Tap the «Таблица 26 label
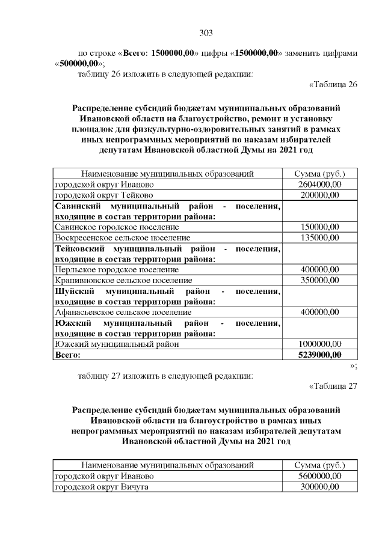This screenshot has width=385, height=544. [333, 84]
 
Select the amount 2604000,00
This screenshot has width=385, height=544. [320, 185]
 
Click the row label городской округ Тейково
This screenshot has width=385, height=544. [104, 195]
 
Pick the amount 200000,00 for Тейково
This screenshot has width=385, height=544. [320, 195]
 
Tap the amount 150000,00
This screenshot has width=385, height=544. [320, 227]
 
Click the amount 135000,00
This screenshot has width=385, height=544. [320, 238]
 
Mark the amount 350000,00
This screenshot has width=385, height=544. [320, 281]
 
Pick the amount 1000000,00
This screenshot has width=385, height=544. [320, 344]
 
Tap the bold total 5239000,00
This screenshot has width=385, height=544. [320, 355]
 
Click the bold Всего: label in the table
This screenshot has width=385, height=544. [68, 355]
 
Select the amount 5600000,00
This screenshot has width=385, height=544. [320, 476]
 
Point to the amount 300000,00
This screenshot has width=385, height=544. [320, 487]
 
